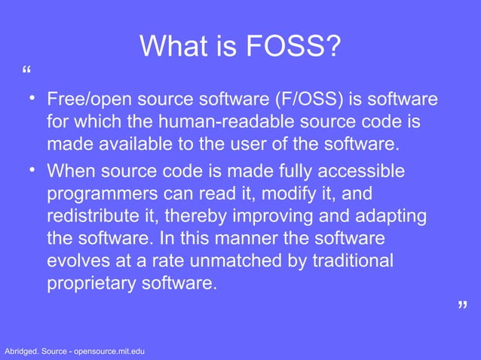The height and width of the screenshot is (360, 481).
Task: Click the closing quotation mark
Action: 462,305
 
